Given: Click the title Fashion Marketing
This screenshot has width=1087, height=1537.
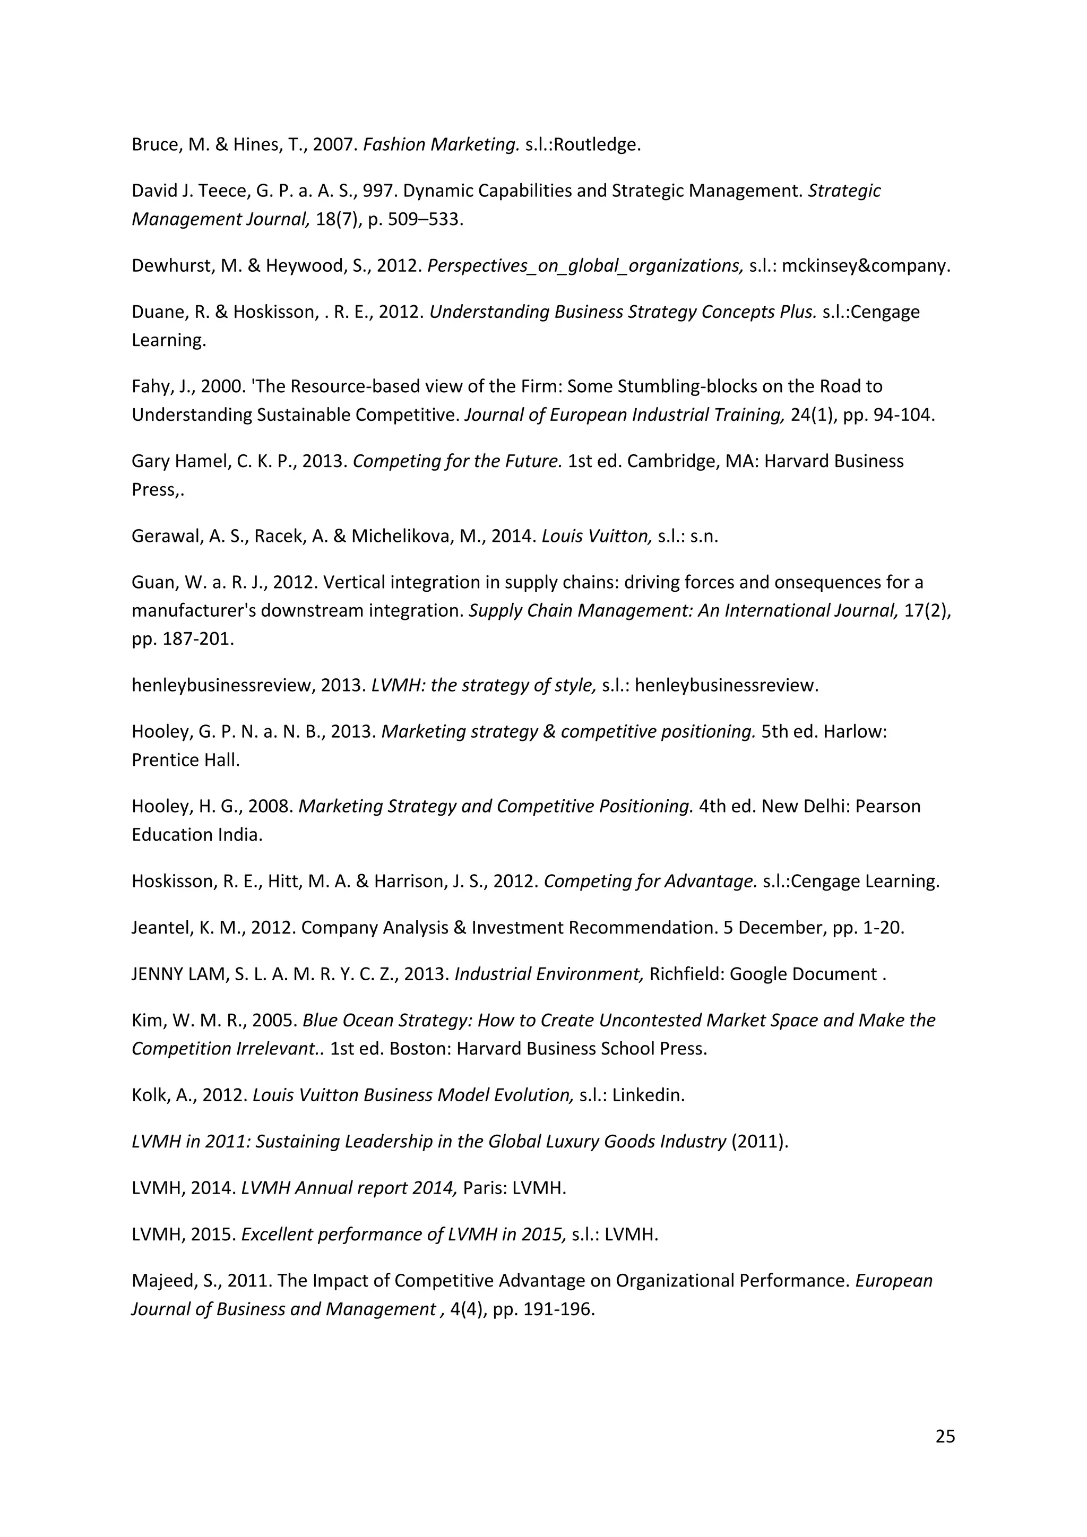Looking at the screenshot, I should (x=441, y=144).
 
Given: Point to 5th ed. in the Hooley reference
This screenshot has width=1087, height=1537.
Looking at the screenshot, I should (x=789, y=732).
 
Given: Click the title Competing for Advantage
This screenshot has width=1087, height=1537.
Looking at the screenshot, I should (x=650, y=881).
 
